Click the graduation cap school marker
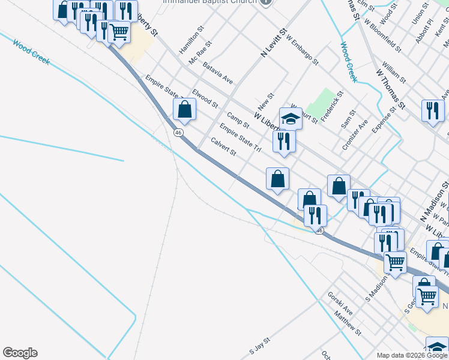tap(291, 118)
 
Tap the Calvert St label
tap(224, 147)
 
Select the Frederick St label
tap(332, 107)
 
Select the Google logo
tap(20, 353)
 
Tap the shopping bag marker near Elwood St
tap(185, 110)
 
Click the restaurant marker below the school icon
tap(283, 142)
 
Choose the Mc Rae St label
tap(200, 53)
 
